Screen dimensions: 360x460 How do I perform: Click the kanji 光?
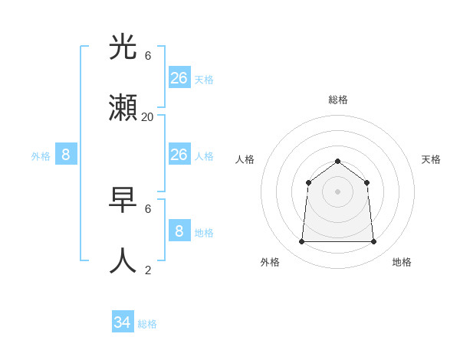[123, 47]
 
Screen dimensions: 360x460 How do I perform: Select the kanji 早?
[123, 201]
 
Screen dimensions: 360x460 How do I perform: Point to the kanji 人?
[123, 261]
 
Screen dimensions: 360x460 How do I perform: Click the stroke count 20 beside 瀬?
[147, 117]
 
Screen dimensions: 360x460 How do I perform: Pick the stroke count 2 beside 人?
[148, 270]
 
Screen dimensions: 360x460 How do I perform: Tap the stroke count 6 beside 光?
[148, 56]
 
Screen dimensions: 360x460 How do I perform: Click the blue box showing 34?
[123, 322]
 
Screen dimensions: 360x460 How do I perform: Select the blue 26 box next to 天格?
[179, 77]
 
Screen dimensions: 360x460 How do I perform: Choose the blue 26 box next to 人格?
[179, 155]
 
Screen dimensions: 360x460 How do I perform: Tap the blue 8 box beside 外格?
[66, 155]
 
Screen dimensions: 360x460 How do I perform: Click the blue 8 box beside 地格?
[179, 231]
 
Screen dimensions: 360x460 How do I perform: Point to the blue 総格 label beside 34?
[147, 324]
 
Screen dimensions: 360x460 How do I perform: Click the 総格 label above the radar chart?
[337, 100]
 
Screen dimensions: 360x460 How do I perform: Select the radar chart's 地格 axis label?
[402, 262]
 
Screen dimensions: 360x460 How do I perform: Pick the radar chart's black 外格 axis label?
[270, 262]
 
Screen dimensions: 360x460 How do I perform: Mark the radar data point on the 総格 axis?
[337, 161]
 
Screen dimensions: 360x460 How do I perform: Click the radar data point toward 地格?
[373, 241]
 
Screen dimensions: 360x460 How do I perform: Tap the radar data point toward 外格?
[301, 241]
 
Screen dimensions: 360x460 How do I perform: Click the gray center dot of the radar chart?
[337, 191]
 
